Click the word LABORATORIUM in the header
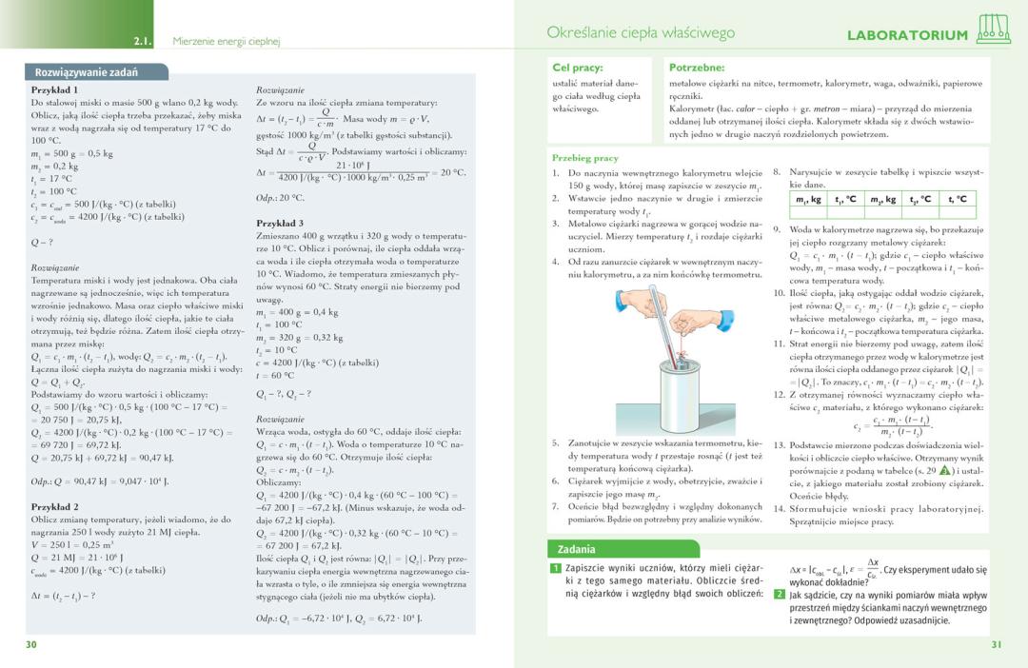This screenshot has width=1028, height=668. (907, 36)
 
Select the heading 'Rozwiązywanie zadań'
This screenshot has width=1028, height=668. (87, 72)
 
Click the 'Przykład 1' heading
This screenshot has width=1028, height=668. (55, 89)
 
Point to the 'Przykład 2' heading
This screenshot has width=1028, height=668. (55, 507)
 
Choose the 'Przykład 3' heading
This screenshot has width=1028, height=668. (280, 223)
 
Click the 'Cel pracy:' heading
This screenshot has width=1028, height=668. (578, 68)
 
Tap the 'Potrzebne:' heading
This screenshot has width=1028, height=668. (697, 68)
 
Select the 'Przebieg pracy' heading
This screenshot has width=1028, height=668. (585, 157)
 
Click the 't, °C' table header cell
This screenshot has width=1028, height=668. (956, 199)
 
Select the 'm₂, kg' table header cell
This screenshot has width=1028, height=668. (881, 199)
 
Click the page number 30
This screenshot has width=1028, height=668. (31, 644)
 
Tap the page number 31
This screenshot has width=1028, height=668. (996, 644)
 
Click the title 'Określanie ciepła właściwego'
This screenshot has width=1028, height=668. (641, 33)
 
